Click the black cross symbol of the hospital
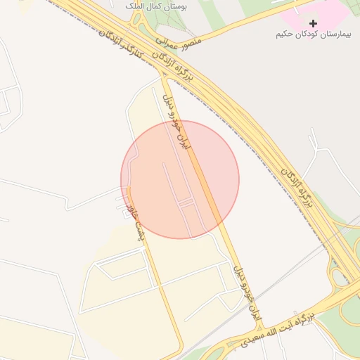point(313,23)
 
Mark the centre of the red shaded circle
point(180,179)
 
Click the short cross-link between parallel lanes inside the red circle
point(186,202)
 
